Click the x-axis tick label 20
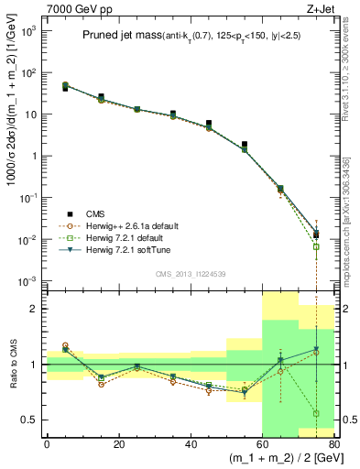coord(118,444)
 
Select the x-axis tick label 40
coord(191,444)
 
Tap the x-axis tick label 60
coord(263,444)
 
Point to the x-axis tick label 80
coord(333,444)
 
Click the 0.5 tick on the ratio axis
coord(33,420)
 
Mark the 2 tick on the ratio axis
coord(37,309)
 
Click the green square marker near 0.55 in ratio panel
coord(316,413)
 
